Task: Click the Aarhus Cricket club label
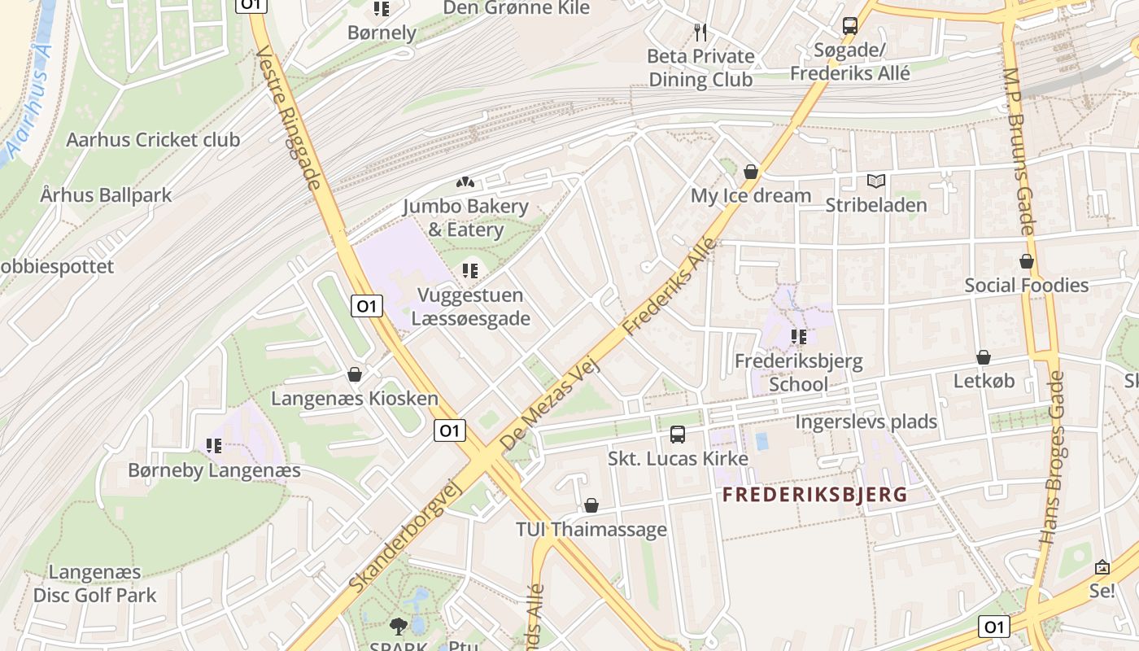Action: coord(153,140)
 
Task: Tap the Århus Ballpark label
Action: coord(106,195)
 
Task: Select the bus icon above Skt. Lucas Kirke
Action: coord(678,435)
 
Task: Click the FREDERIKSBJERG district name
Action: coord(814,495)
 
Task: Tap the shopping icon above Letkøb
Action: coord(984,357)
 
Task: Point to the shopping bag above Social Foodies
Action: coord(1027,261)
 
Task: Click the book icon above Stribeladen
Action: coord(876,181)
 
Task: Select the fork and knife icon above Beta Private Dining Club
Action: coord(700,32)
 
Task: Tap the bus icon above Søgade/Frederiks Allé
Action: coord(850,26)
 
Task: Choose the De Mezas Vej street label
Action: coord(550,405)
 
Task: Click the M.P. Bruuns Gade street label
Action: coord(1017,151)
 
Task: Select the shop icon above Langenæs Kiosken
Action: coord(354,374)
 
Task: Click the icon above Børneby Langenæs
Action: coord(214,446)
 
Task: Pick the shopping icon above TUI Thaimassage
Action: coord(591,505)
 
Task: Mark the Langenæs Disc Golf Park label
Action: coord(94,583)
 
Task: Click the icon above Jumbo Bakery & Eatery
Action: coord(465,183)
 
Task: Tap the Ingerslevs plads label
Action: coord(866,422)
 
